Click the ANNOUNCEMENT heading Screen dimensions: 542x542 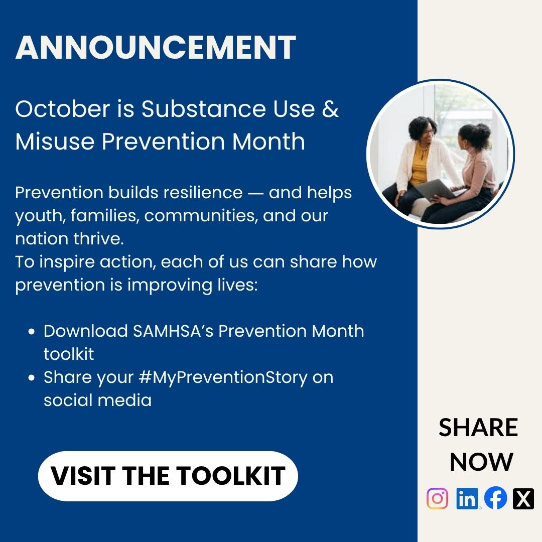click(x=156, y=48)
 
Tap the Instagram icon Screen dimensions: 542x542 click(x=437, y=499)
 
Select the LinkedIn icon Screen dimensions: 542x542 click(x=467, y=499)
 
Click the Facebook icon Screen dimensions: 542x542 click(x=496, y=499)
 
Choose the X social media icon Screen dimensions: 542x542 click(x=523, y=499)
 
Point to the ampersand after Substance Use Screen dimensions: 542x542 click(x=330, y=109)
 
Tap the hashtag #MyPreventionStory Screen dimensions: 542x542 click(x=225, y=377)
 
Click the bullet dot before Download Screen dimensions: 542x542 click(x=32, y=332)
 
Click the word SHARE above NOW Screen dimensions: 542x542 click(x=478, y=428)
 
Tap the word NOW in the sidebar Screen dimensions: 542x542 click(x=481, y=462)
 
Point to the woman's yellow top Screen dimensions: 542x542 click(x=419, y=166)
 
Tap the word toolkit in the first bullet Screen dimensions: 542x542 click(x=69, y=354)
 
